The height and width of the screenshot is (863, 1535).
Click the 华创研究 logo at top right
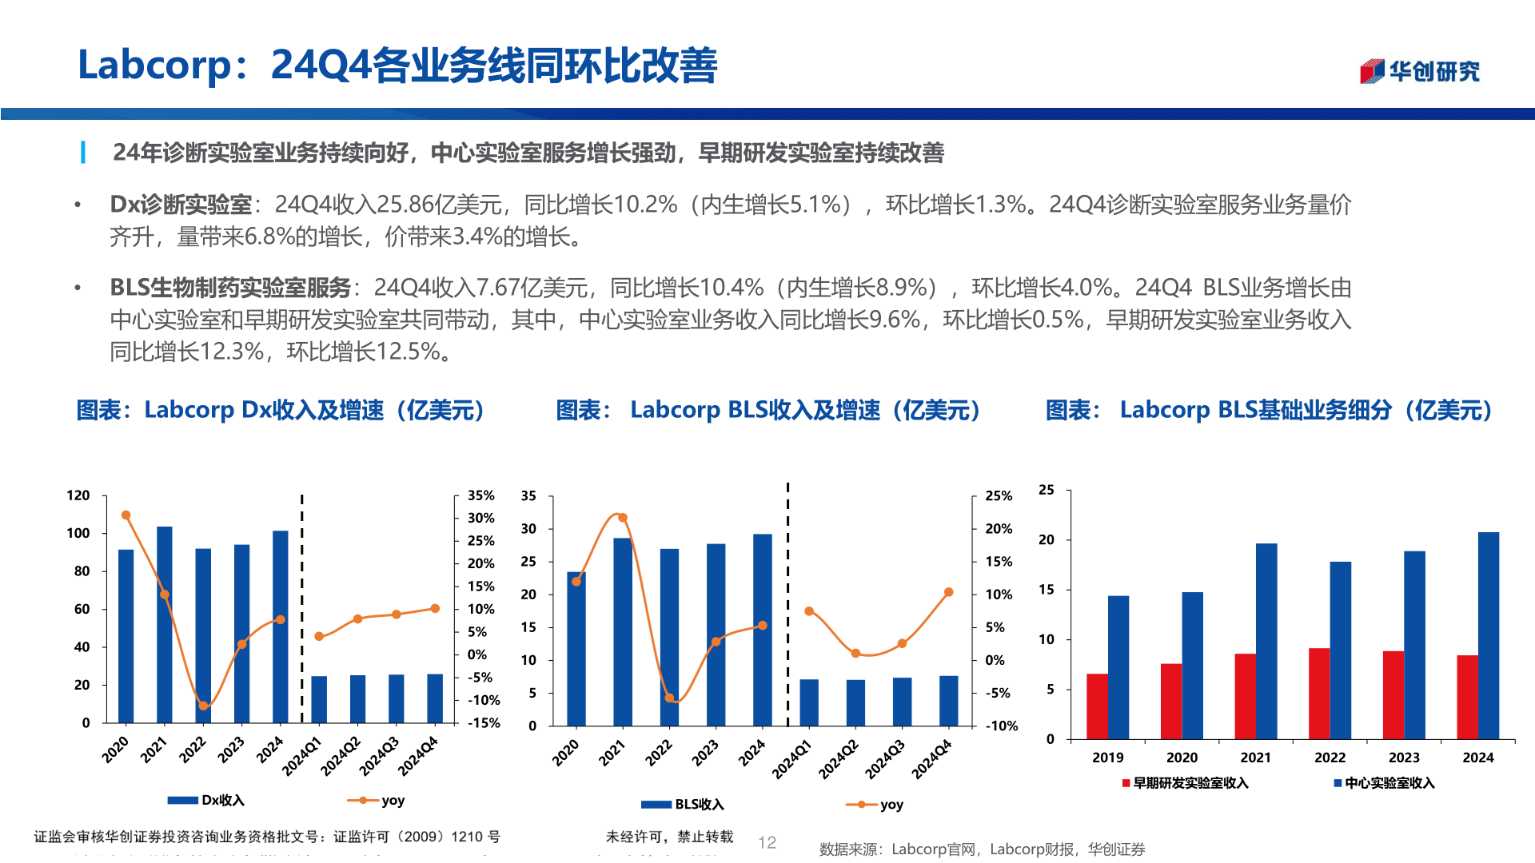click(1419, 71)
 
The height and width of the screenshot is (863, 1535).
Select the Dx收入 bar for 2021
click(165, 623)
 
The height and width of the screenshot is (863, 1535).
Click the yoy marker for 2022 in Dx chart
click(203, 706)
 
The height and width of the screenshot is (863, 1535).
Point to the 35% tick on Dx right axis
click(480, 495)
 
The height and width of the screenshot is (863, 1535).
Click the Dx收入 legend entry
click(207, 800)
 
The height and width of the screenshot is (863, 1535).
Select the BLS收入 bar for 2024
click(763, 630)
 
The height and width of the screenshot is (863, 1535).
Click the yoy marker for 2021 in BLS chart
click(623, 518)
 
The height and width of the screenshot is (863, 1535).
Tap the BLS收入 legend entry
click(684, 804)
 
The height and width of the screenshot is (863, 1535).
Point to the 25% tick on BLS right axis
click(998, 495)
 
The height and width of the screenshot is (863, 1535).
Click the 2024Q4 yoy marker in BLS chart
click(949, 592)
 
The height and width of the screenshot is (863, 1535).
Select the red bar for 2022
click(1319, 693)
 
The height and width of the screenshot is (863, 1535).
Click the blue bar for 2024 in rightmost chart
click(1489, 635)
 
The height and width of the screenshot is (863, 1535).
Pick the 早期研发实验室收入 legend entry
click(1185, 783)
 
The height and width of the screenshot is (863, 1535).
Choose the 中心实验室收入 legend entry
click(1384, 783)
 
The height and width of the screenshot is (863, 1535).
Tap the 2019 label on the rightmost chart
click(1107, 758)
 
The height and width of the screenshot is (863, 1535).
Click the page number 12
click(767, 842)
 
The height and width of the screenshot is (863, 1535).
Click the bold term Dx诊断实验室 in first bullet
click(181, 205)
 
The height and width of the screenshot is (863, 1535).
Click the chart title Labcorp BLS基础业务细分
click(1268, 410)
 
